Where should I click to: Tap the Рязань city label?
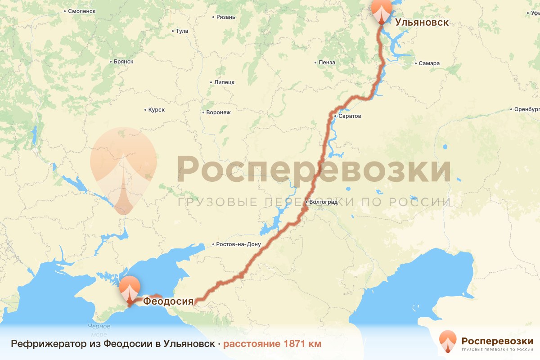click(x=225, y=17)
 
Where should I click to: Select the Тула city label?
click(x=182, y=31)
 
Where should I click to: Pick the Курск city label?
click(x=156, y=110)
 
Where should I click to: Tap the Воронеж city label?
click(x=218, y=112)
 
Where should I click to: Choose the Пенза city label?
click(x=326, y=63)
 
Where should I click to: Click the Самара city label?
click(x=428, y=63)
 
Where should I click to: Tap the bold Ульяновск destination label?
click(x=422, y=22)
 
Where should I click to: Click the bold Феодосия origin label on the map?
click(x=168, y=301)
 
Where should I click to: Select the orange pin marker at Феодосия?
click(x=130, y=291)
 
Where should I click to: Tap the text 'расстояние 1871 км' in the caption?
click(x=272, y=344)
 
